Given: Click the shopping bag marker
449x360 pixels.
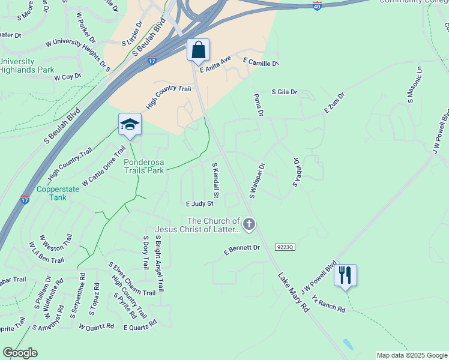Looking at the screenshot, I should click(x=198, y=50).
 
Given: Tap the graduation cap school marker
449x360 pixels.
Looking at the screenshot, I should click(x=130, y=124).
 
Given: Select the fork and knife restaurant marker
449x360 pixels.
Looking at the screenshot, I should click(x=345, y=275).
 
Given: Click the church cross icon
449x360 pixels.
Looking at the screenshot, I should click(x=249, y=225).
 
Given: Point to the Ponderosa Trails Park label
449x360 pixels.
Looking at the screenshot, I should click(x=144, y=166).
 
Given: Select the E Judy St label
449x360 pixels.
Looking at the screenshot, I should click(x=200, y=205).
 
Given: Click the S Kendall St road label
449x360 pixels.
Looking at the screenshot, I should click(x=216, y=180).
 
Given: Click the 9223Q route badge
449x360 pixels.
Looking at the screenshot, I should click(x=286, y=247).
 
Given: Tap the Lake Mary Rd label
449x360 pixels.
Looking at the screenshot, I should click(x=294, y=292).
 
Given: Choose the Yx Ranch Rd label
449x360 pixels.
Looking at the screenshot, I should click(x=329, y=305).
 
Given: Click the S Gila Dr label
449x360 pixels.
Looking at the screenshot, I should click(x=285, y=92).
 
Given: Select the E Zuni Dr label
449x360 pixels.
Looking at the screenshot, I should click(x=335, y=103).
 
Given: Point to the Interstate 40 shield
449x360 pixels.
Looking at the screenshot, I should click(x=317, y=5).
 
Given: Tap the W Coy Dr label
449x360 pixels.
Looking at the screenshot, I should click(x=67, y=77).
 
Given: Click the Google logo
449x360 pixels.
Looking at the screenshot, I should click(x=20, y=353).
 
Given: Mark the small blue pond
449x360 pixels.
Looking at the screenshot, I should click(x=348, y=345).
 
